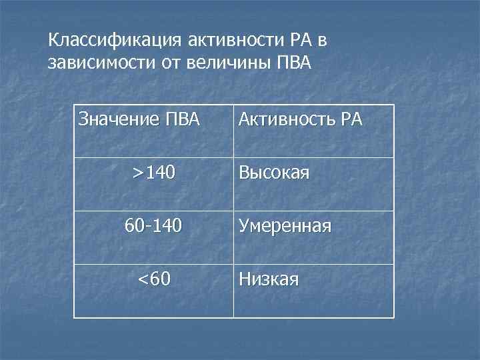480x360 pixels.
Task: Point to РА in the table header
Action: (x=351, y=121)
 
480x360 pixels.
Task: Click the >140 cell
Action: (x=153, y=174)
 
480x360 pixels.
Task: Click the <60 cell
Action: (x=153, y=278)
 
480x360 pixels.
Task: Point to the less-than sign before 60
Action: (x=142, y=279)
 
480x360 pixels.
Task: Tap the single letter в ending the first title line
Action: (x=322, y=42)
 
